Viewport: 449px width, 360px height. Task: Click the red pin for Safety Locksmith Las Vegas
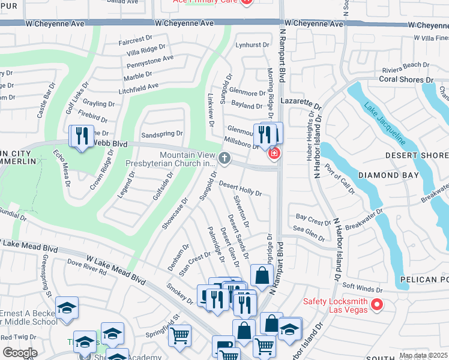click(377, 305)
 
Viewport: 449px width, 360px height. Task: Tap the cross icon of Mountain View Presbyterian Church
click(224, 158)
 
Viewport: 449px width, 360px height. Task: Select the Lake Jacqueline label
click(384, 126)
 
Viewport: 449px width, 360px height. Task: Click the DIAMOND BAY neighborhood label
click(385, 175)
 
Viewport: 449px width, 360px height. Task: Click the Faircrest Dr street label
click(136, 41)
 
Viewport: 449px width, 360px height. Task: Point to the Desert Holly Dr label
click(240, 188)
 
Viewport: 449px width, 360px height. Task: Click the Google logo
click(20, 353)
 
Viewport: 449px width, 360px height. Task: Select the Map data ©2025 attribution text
click(423, 356)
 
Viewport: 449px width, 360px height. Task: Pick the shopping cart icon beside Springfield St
click(179, 337)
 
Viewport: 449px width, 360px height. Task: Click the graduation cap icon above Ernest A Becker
click(67, 308)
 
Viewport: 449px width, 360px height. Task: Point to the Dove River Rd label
click(86, 267)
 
